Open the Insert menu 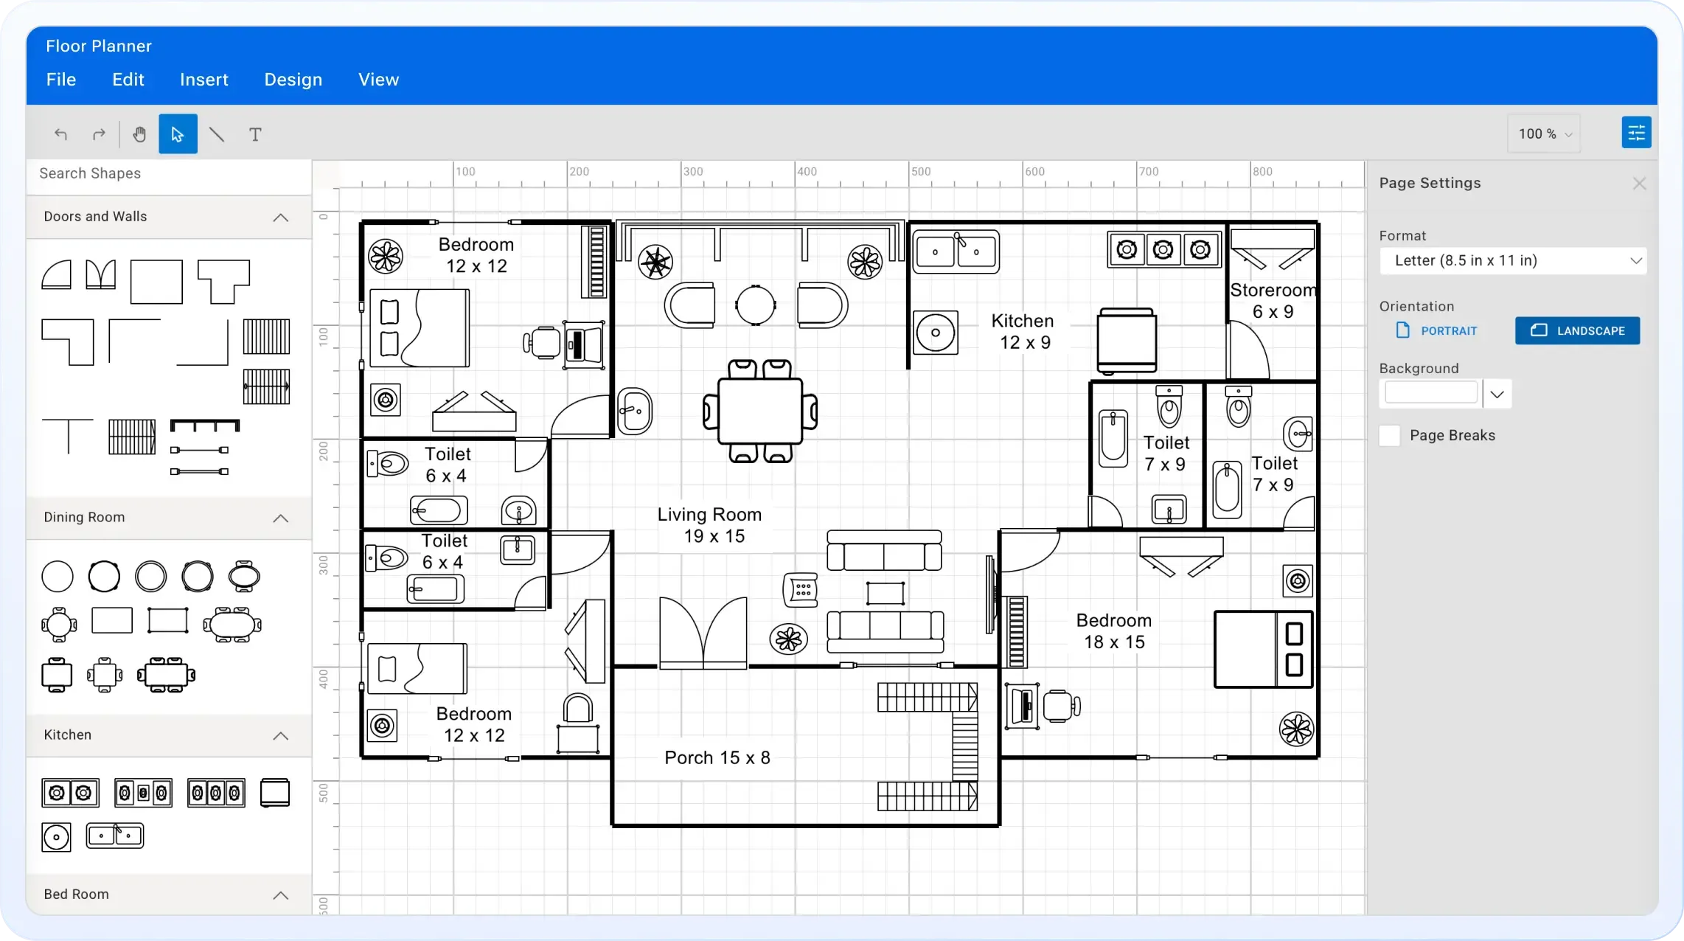click(203, 80)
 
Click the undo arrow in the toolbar click(61, 134)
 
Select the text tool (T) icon click(255, 134)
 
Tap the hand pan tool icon click(139, 134)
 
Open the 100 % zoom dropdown click(1544, 133)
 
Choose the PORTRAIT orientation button click(1437, 330)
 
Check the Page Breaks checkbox click(1390, 436)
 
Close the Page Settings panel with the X click(1639, 184)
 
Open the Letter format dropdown click(1512, 260)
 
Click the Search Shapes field click(168, 174)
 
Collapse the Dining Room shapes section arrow click(280, 518)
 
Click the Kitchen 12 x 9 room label click(1023, 332)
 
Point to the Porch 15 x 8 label click(717, 758)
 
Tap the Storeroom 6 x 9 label click(1273, 301)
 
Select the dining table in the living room click(759, 411)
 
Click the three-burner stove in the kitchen click(1163, 250)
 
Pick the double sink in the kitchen click(956, 251)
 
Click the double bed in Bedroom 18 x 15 click(1263, 649)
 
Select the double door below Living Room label click(703, 633)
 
